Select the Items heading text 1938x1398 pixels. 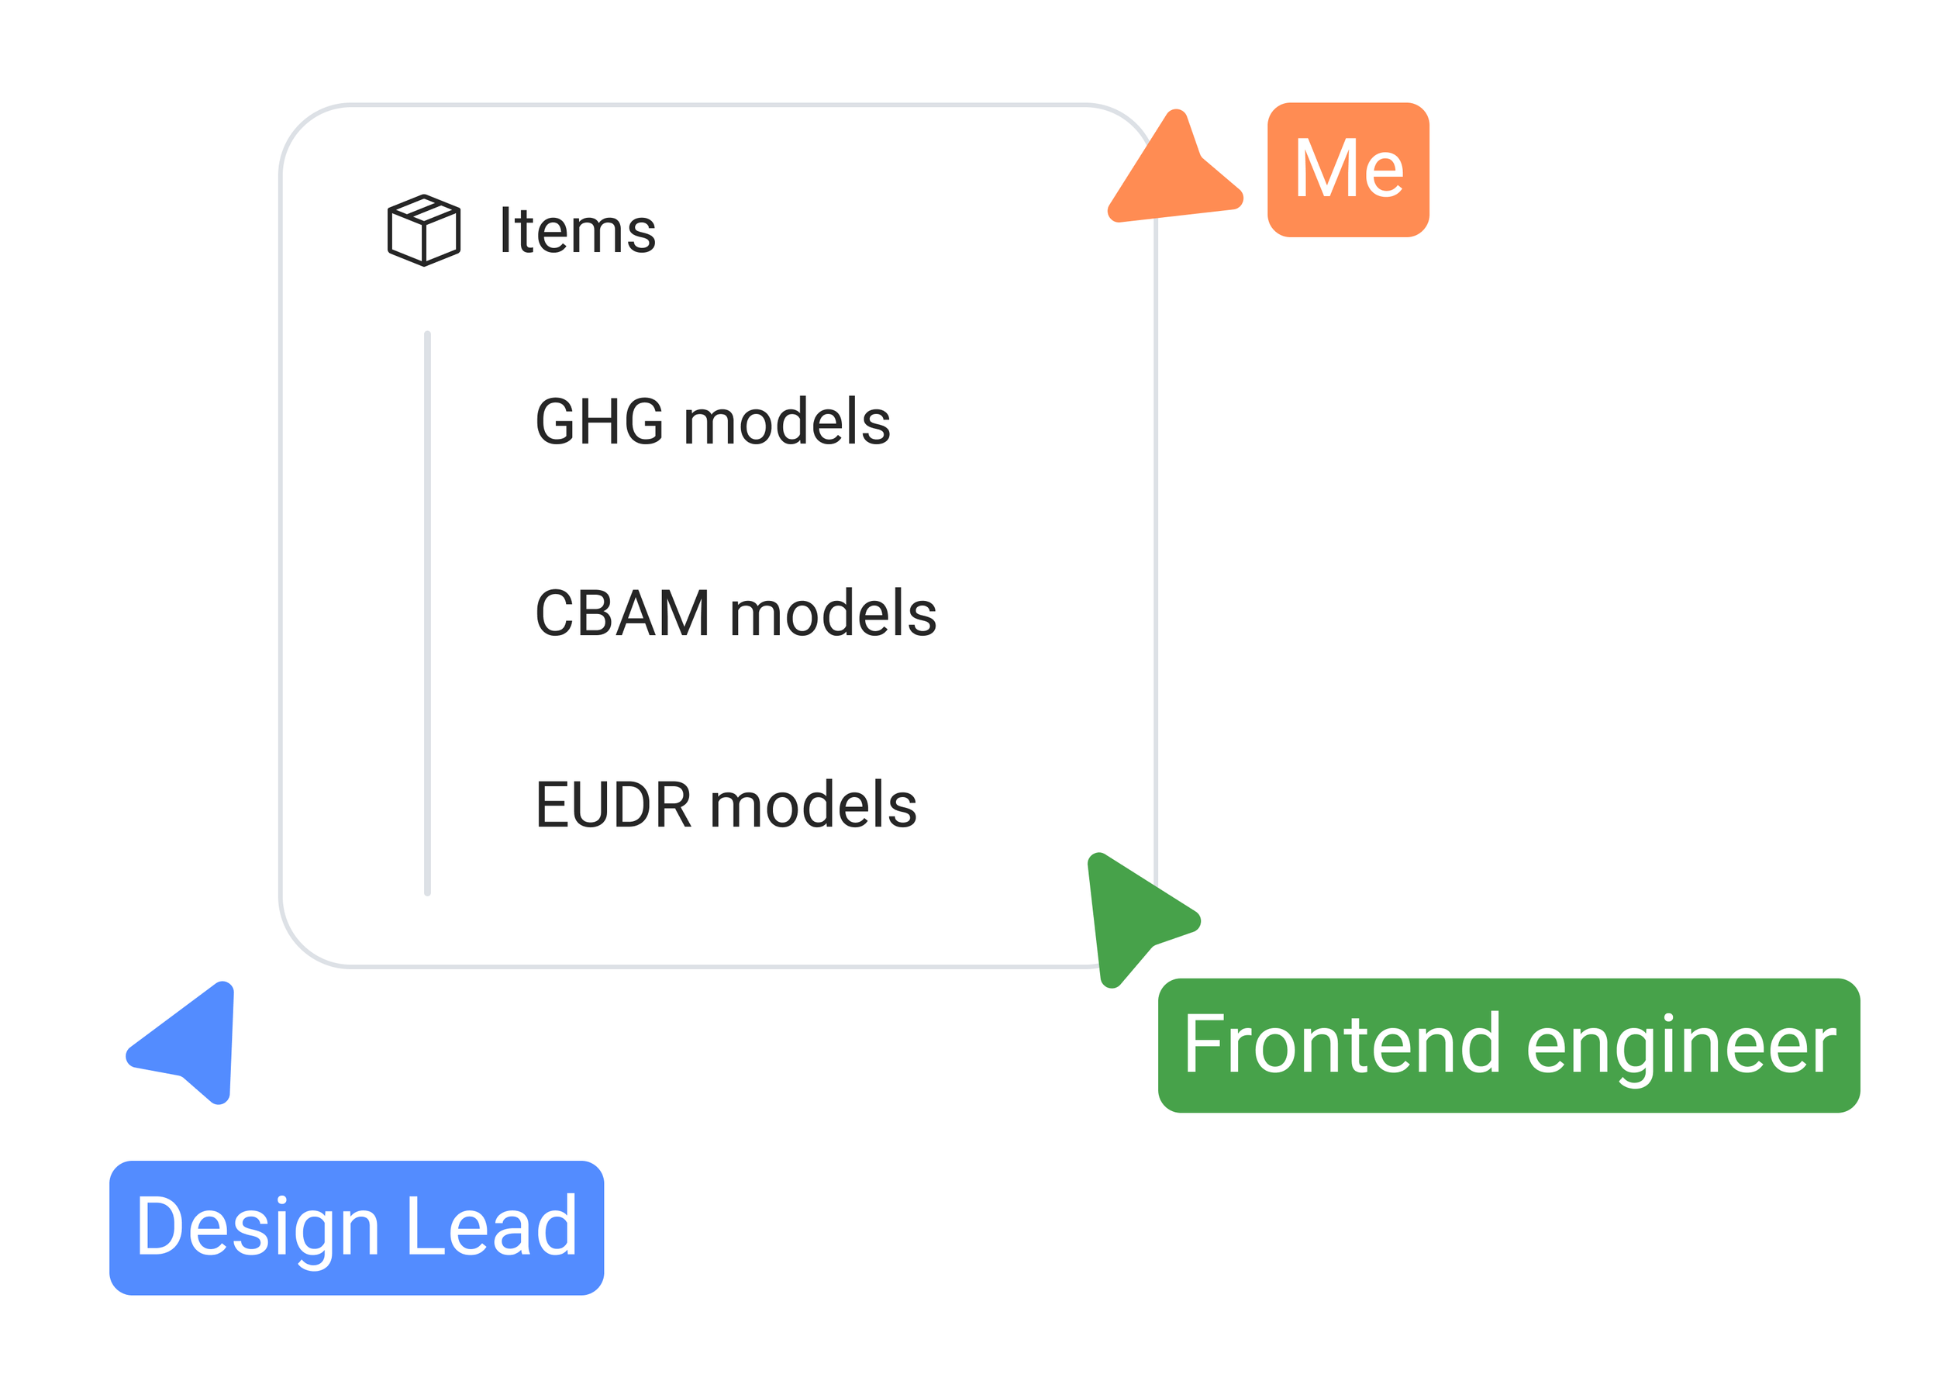coord(578,231)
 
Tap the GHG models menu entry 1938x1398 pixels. coord(712,422)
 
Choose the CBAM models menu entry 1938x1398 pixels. coord(736,613)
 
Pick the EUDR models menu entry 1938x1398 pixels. coord(726,805)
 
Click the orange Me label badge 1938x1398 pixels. coord(1348,170)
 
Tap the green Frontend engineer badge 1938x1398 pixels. coord(1509,1046)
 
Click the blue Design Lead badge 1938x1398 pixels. coord(357,1228)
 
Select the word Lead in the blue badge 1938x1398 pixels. coord(492,1226)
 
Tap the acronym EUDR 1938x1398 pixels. coord(612,805)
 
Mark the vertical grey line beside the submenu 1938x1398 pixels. coord(427,613)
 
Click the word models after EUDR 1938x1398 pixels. coord(813,805)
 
